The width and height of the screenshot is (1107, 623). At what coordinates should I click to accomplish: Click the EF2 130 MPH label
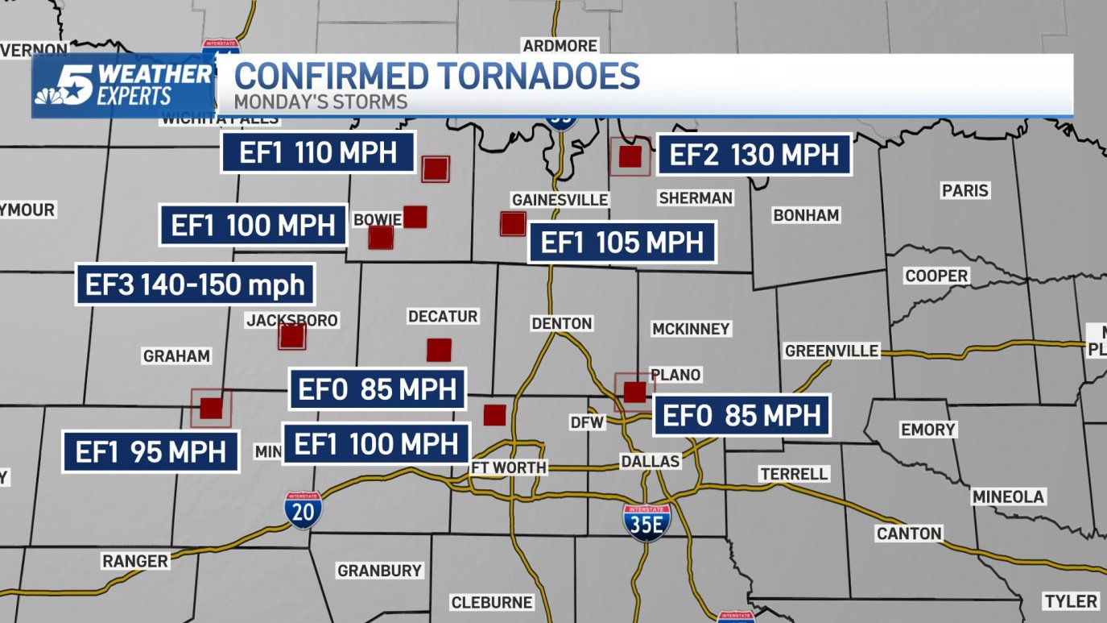pos(754,154)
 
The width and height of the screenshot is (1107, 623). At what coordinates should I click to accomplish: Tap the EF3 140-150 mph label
pos(196,284)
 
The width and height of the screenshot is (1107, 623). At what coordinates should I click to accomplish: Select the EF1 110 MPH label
pos(318,152)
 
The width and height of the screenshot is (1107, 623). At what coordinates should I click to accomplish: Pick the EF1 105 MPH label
pos(622,242)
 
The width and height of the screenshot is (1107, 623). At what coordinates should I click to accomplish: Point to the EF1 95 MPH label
pos(151,451)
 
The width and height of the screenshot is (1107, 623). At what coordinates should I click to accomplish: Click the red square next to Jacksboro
pos(291,336)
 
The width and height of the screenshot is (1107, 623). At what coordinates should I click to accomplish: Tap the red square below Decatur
pos(439,350)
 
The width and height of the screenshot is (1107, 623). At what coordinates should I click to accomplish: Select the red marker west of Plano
pos(634,392)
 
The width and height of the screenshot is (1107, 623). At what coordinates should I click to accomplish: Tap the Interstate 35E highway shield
pos(647,521)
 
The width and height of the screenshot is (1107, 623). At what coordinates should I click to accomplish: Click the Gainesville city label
pos(560,200)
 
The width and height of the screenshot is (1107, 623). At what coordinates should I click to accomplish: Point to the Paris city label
pos(964,191)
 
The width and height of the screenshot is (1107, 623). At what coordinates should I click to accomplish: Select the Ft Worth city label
pos(509,467)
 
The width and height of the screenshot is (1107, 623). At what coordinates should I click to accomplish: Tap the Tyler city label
pos(1070,601)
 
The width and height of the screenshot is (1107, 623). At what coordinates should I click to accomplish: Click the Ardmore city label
pos(560,45)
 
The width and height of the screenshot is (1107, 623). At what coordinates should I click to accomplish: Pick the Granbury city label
pos(379,571)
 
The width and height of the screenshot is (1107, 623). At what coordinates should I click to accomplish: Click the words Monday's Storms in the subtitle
pos(320,102)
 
